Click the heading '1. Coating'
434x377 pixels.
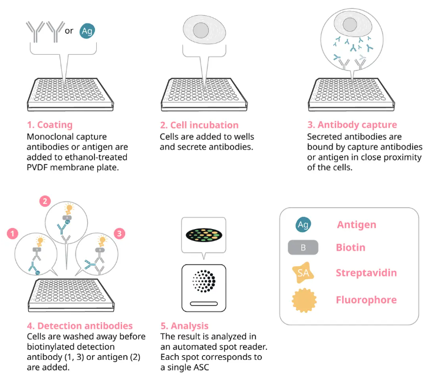[50, 125]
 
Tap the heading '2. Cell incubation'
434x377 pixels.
[199, 125]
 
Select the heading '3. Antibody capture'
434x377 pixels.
[352, 125]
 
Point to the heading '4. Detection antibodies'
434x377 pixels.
[80, 326]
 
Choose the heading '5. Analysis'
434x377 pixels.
[185, 326]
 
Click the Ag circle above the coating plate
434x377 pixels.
[87, 31]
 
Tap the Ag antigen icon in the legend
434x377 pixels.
[303, 224]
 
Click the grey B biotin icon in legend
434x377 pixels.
[303, 247]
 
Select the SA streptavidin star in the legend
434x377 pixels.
[303, 273]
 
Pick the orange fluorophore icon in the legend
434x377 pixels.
[304, 300]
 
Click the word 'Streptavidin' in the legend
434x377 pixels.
[366, 273]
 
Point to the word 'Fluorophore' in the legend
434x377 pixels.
[366, 300]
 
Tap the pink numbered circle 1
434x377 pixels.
[12, 234]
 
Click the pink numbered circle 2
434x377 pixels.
[45, 201]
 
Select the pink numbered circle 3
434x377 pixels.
[119, 234]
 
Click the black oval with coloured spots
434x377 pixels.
[204, 235]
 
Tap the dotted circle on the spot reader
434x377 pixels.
[203, 281]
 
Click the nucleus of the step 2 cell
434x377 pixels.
[200, 30]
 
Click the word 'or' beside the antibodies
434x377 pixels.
[69, 31]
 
